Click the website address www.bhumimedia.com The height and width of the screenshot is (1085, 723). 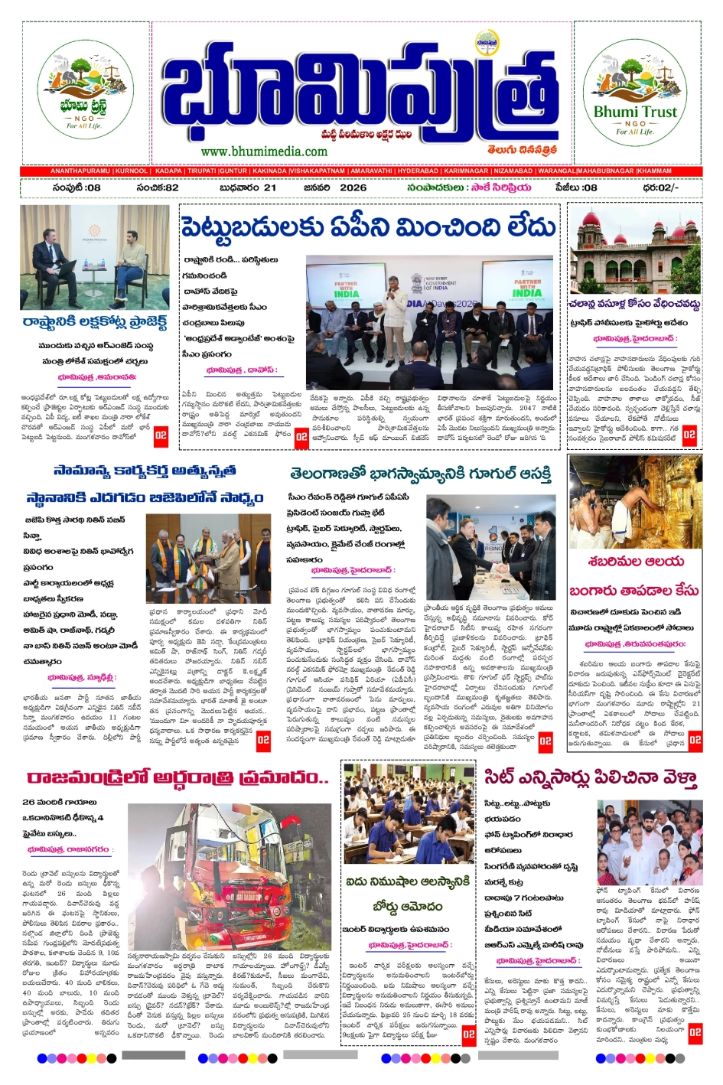point(264,152)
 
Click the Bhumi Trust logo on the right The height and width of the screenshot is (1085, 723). point(635,90)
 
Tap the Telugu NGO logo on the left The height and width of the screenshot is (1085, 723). point(85,90)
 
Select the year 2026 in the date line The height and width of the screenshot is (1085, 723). point(353,187)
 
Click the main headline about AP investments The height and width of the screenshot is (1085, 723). point(368,228)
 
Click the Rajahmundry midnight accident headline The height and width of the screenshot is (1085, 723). point(177,778)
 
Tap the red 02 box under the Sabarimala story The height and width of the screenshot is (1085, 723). point(695,739)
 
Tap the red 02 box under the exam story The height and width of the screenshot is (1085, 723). point(469,1033)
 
